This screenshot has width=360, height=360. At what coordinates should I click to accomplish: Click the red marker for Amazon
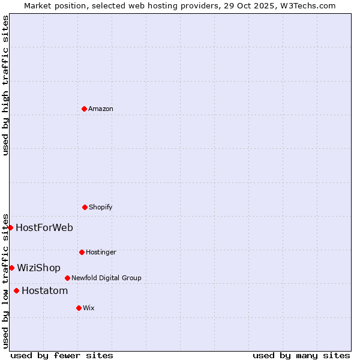[x=84, y=109]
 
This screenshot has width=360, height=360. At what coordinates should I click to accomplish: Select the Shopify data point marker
[x=85, y=207]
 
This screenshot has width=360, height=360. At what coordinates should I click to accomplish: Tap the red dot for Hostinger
[x=82, y=252]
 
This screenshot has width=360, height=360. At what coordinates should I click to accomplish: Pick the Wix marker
[x=79, y=308]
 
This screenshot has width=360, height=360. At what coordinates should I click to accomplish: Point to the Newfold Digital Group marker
[x=67, y=278]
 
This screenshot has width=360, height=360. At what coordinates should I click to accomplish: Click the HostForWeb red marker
[x=10, y=227]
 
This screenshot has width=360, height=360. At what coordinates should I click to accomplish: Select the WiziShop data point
[x=11, y=268]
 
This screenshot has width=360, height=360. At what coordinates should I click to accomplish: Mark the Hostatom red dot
[x=16, y=290]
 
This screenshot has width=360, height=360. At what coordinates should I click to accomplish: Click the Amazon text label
[x=101, y=109]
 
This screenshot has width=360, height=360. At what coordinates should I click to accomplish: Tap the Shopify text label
[x=101, y=207]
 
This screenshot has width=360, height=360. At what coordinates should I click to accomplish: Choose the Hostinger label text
[x=101, y=252]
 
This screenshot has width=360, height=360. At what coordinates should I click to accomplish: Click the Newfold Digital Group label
[x=106, y=278]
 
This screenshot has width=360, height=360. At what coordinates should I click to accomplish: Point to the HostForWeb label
[x=44, y=227]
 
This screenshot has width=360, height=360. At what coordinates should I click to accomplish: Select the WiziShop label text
[x=38, y=268]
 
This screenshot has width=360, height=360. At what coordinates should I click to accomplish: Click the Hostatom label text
[x=44, y=291]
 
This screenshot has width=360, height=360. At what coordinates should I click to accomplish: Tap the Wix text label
[x=89, y=308]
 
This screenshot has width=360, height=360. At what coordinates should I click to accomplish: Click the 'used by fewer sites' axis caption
[x=62, y=355]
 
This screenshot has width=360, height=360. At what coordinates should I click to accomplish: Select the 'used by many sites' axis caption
[x=301, y=355]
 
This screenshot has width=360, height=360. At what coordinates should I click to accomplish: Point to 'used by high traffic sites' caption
[x=5, y=85]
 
